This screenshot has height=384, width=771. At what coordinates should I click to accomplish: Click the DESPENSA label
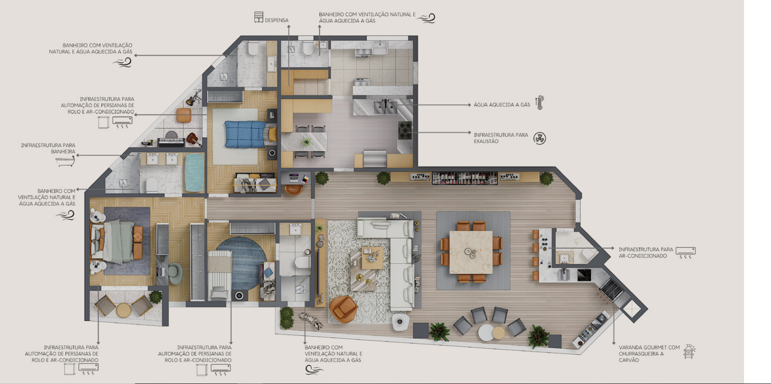(x=276, y=20)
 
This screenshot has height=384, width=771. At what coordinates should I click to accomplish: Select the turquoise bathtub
(x=195, y=172)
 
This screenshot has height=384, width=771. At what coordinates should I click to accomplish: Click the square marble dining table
(x=471, y=252)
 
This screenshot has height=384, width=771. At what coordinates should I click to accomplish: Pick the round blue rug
(x=241, y=263)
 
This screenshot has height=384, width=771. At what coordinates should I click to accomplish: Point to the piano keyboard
(x=171, y=141)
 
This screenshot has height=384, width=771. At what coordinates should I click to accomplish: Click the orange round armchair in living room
(x=343, y=309)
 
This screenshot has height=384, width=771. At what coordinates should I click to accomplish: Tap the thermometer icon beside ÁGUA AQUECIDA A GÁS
(x=539, y=103)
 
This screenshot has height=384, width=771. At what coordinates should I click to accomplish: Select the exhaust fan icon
(x=539, y=138)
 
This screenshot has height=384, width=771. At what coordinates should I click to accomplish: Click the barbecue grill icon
(x=689, y=351)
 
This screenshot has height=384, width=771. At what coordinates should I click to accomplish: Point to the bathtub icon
(x=65, y=161)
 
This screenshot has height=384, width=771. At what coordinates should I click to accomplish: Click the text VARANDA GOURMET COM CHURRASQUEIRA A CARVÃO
(x=649, y=354)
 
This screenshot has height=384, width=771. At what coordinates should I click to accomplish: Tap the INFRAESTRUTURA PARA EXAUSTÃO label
(x=501, y=138)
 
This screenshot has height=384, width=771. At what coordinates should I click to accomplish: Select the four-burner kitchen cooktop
(x=405, y=130)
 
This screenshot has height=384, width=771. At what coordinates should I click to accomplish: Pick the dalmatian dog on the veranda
(x=311, y=321)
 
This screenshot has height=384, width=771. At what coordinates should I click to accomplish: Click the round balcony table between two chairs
(x=124, y=310)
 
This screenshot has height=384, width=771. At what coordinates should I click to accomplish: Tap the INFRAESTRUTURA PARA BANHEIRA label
(x=48, y=149)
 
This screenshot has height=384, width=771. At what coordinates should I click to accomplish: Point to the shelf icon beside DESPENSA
(x=259, y=17)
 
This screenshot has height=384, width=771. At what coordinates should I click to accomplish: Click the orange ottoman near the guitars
(x=184, y=115)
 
